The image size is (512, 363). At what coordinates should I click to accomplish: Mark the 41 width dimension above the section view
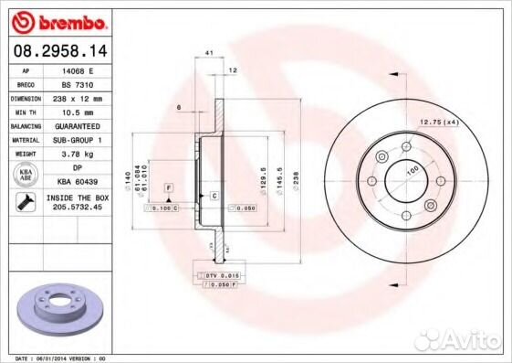pos(209,56)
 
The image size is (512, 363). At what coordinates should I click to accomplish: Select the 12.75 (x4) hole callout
pos(438,123)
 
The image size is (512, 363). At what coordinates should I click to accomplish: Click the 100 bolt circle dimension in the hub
pos(413,171)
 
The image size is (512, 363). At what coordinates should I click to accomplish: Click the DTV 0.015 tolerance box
pos(218,275)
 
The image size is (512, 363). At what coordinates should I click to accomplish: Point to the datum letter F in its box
pos(169,187)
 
